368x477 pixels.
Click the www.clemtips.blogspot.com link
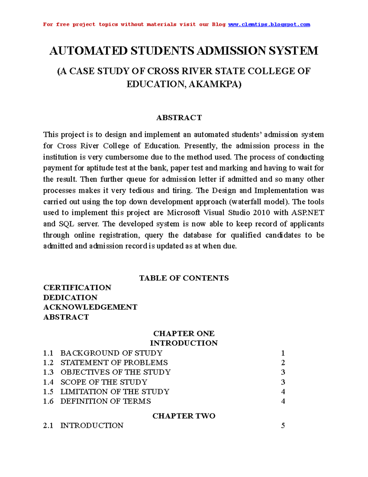pos(269,25)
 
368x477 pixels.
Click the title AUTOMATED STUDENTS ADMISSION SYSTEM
pos(184,51)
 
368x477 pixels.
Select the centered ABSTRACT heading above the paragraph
pos(179,118)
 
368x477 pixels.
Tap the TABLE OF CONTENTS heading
pos(184,278)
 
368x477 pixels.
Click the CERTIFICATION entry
pos(77,287)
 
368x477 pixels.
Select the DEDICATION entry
pos(70,297)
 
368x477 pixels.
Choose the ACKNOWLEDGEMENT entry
pos(90,307)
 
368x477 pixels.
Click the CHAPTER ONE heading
pos(184,334)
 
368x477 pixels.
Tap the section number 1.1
pos(48,353)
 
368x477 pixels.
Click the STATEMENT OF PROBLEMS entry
pos(114,363)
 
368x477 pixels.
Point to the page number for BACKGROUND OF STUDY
pos(283,353)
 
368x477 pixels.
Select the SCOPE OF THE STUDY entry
pos(104,382)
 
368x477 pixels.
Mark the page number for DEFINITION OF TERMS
pos(283,401)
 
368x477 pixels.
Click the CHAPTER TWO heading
pos(184,416)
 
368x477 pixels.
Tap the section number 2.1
pos(48,426)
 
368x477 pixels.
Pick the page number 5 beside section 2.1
pos(283,426)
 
